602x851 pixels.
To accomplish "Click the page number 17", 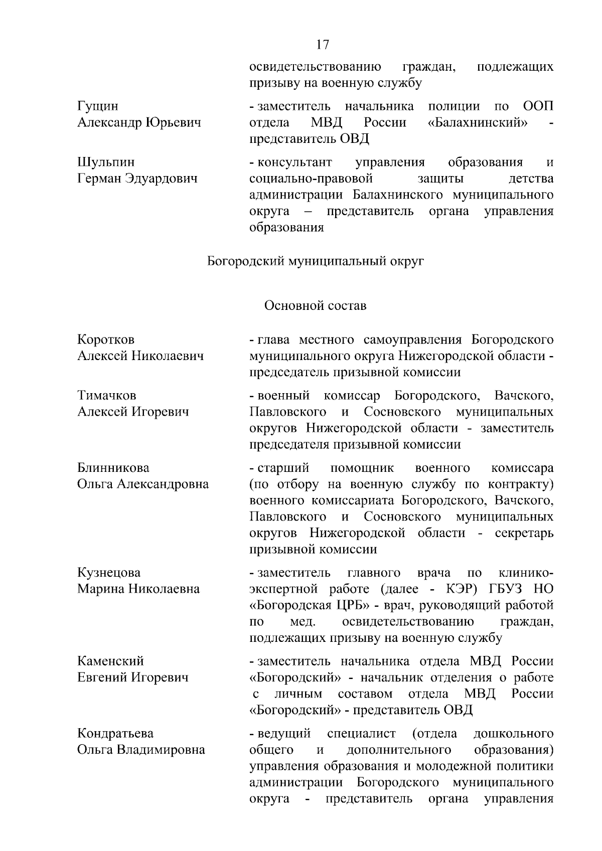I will pyautogui.click(x=323, y=45).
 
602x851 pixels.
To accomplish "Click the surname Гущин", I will pyautogui.click(x=98, y=106).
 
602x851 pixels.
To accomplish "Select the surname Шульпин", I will pyautogui.click(x=106, y=162).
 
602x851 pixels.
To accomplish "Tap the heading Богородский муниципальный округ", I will pyautogui.click(x=316, y=261).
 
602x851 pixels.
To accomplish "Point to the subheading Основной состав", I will pyautogui.click(x=315, y=305).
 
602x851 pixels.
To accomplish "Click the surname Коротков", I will pyautogui.click(x=106, y=339).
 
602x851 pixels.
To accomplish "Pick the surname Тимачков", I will pyautogui.click(x=106, y=396).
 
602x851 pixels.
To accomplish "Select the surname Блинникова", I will pyautogui.click(x=113, y=468).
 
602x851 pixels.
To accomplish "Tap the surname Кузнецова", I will pyautogui.click(x=109, y=573).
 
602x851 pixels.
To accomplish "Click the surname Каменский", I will pyautogui.click(x=110, y=661).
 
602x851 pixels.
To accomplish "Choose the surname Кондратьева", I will pyautogui.click(x=115, y=734).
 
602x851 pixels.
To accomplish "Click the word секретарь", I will pyautogui.click(x=524, y=533).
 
